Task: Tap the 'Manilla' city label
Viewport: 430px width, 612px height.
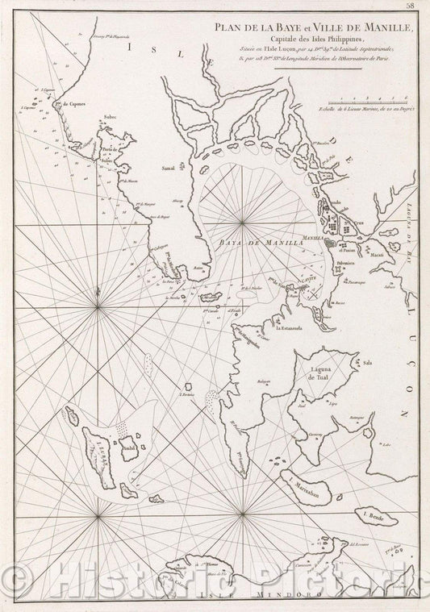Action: point(312,239)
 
